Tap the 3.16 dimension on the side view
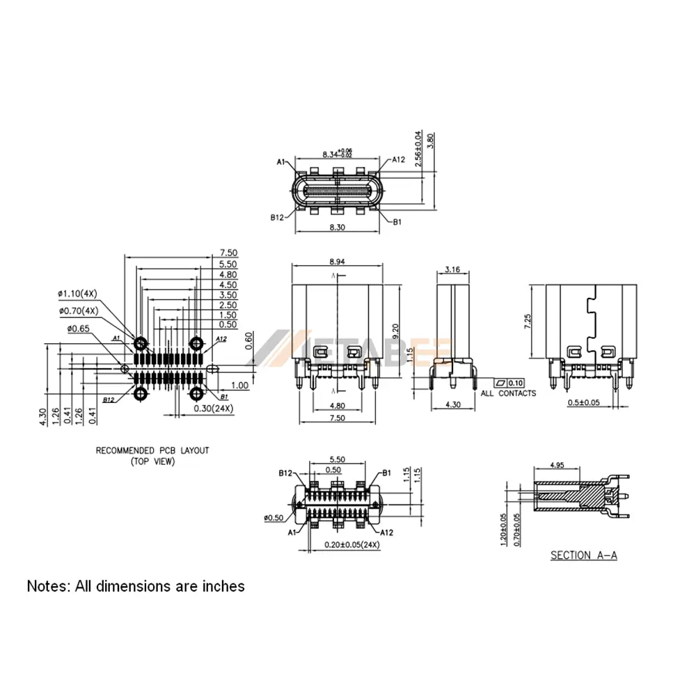click(x=452, y=269)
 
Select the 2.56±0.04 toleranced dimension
click(x=418, y=148)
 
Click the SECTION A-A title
click(x=584, y=555)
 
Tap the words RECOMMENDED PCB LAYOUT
click(x=152, y=450)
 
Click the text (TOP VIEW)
click(x=152, y=461)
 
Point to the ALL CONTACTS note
click(x=508, y=394)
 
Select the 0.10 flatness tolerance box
click(x=515, y=383)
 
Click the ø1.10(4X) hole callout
click(x=78, y=292)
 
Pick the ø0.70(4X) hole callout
click(x=78, y=310)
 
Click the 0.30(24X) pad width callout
click(x=213, y=408)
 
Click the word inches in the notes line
click(x=222, y=586)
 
